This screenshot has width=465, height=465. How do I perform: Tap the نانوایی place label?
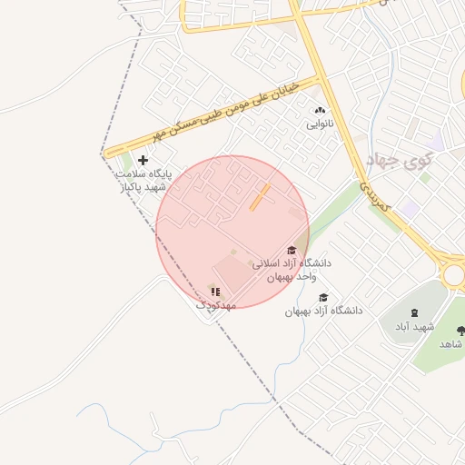point(319,123)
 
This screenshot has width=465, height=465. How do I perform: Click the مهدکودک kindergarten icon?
point(215,292)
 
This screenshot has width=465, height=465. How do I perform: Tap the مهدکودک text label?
point(215,306)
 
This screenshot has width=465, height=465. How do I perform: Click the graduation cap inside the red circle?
point(292,251)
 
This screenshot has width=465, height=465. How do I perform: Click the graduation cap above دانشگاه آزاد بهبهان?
point(323,297)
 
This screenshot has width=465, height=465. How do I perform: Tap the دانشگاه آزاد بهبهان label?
point(323,311)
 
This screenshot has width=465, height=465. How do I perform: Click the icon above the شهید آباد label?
point(415,312)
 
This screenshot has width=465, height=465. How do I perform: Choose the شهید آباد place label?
point(415,326)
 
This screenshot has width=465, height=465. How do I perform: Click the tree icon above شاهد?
point(460,331)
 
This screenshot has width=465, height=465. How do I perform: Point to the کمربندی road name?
point(375,193)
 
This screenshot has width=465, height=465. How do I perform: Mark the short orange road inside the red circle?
point(261,197)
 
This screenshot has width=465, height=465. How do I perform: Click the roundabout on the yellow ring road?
point(454,275)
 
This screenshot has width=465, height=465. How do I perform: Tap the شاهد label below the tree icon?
point(451,344)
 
